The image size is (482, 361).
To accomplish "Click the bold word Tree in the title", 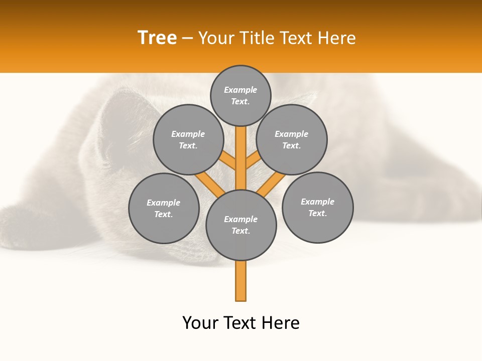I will (157, 38).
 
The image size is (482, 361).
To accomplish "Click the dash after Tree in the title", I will (187, 38).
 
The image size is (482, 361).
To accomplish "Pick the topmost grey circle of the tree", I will (240, 95).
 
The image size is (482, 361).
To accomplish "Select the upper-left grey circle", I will (188, 139).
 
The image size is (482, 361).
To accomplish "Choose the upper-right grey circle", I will (292, 139).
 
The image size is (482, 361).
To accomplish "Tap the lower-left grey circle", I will (164, 208).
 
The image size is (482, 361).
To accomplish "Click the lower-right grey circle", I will (317, 207).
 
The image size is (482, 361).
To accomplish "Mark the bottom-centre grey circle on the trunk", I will (241, 225).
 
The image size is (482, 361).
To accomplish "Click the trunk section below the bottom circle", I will (241, 281).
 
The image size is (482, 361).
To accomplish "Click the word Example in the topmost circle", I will (240, 90).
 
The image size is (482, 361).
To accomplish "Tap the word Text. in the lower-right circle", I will (317, 213).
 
